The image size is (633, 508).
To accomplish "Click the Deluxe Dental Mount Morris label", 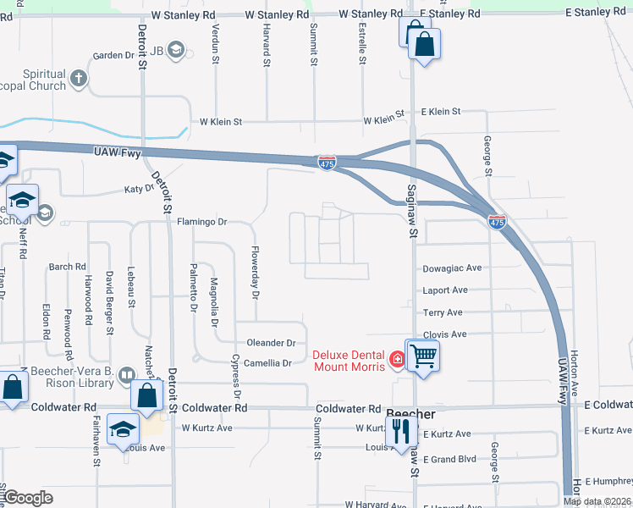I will [x=348, y=361].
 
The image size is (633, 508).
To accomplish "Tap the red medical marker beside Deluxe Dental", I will [x=395, y=362].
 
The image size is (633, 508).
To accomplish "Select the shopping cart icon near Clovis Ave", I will [x=422, y=356].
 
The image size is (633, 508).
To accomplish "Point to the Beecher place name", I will [x=410, y=415].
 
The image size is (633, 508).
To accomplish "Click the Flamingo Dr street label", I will [x=202, y=223].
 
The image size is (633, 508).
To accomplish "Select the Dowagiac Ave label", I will [x=452, y=268].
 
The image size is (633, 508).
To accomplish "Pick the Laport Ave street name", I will [x=445, y=290].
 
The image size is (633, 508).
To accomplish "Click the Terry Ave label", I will [x=443, y=312].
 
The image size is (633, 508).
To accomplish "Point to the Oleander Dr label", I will [x=271, y=343].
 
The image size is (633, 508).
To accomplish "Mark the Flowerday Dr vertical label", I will [x=254, y=272].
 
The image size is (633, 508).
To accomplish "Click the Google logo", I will [x=29, y=498].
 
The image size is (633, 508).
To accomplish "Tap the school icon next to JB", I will [x=176, y=50].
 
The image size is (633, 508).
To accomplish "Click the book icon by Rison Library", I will [x=126, y=373].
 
